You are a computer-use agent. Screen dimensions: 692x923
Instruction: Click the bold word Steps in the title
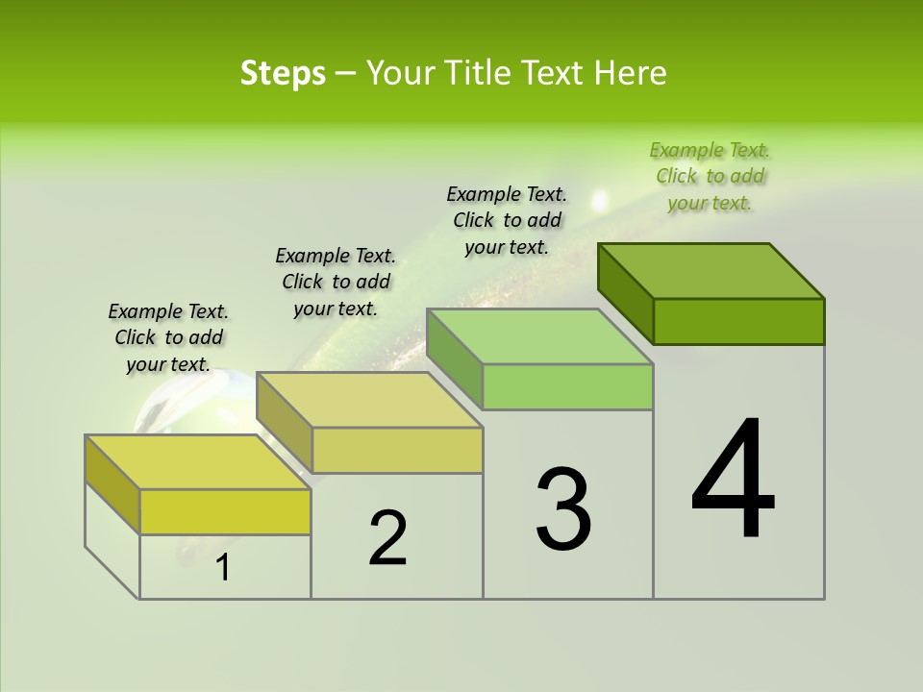[283, 73]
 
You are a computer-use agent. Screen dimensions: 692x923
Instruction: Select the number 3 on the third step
[563, 508]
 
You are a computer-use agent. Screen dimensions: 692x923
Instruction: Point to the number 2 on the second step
[388, 537]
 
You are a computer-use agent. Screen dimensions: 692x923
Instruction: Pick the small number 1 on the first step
[223, 568]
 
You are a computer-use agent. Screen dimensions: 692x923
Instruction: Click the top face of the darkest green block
[711, 270]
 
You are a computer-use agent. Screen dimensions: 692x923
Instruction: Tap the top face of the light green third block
[539, 335]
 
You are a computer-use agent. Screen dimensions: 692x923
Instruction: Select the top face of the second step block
[369, 400]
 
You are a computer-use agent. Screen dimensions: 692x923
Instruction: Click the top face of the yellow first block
[198, 462]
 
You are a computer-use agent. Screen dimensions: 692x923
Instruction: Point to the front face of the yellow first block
[225, 511]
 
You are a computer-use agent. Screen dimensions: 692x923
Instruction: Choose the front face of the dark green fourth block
[738, 321]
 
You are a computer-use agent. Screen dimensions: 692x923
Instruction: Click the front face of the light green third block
[567, 386]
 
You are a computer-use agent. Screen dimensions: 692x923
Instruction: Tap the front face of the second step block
[397, 450]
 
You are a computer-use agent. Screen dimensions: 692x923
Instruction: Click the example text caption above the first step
[168, 337]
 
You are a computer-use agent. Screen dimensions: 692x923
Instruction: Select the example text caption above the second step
[336, 282]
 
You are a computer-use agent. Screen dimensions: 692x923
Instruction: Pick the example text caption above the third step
[507, 220]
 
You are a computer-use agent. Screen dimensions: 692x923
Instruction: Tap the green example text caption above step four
[710, 176]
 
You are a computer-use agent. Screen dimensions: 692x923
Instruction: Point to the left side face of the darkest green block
[626, 290]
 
